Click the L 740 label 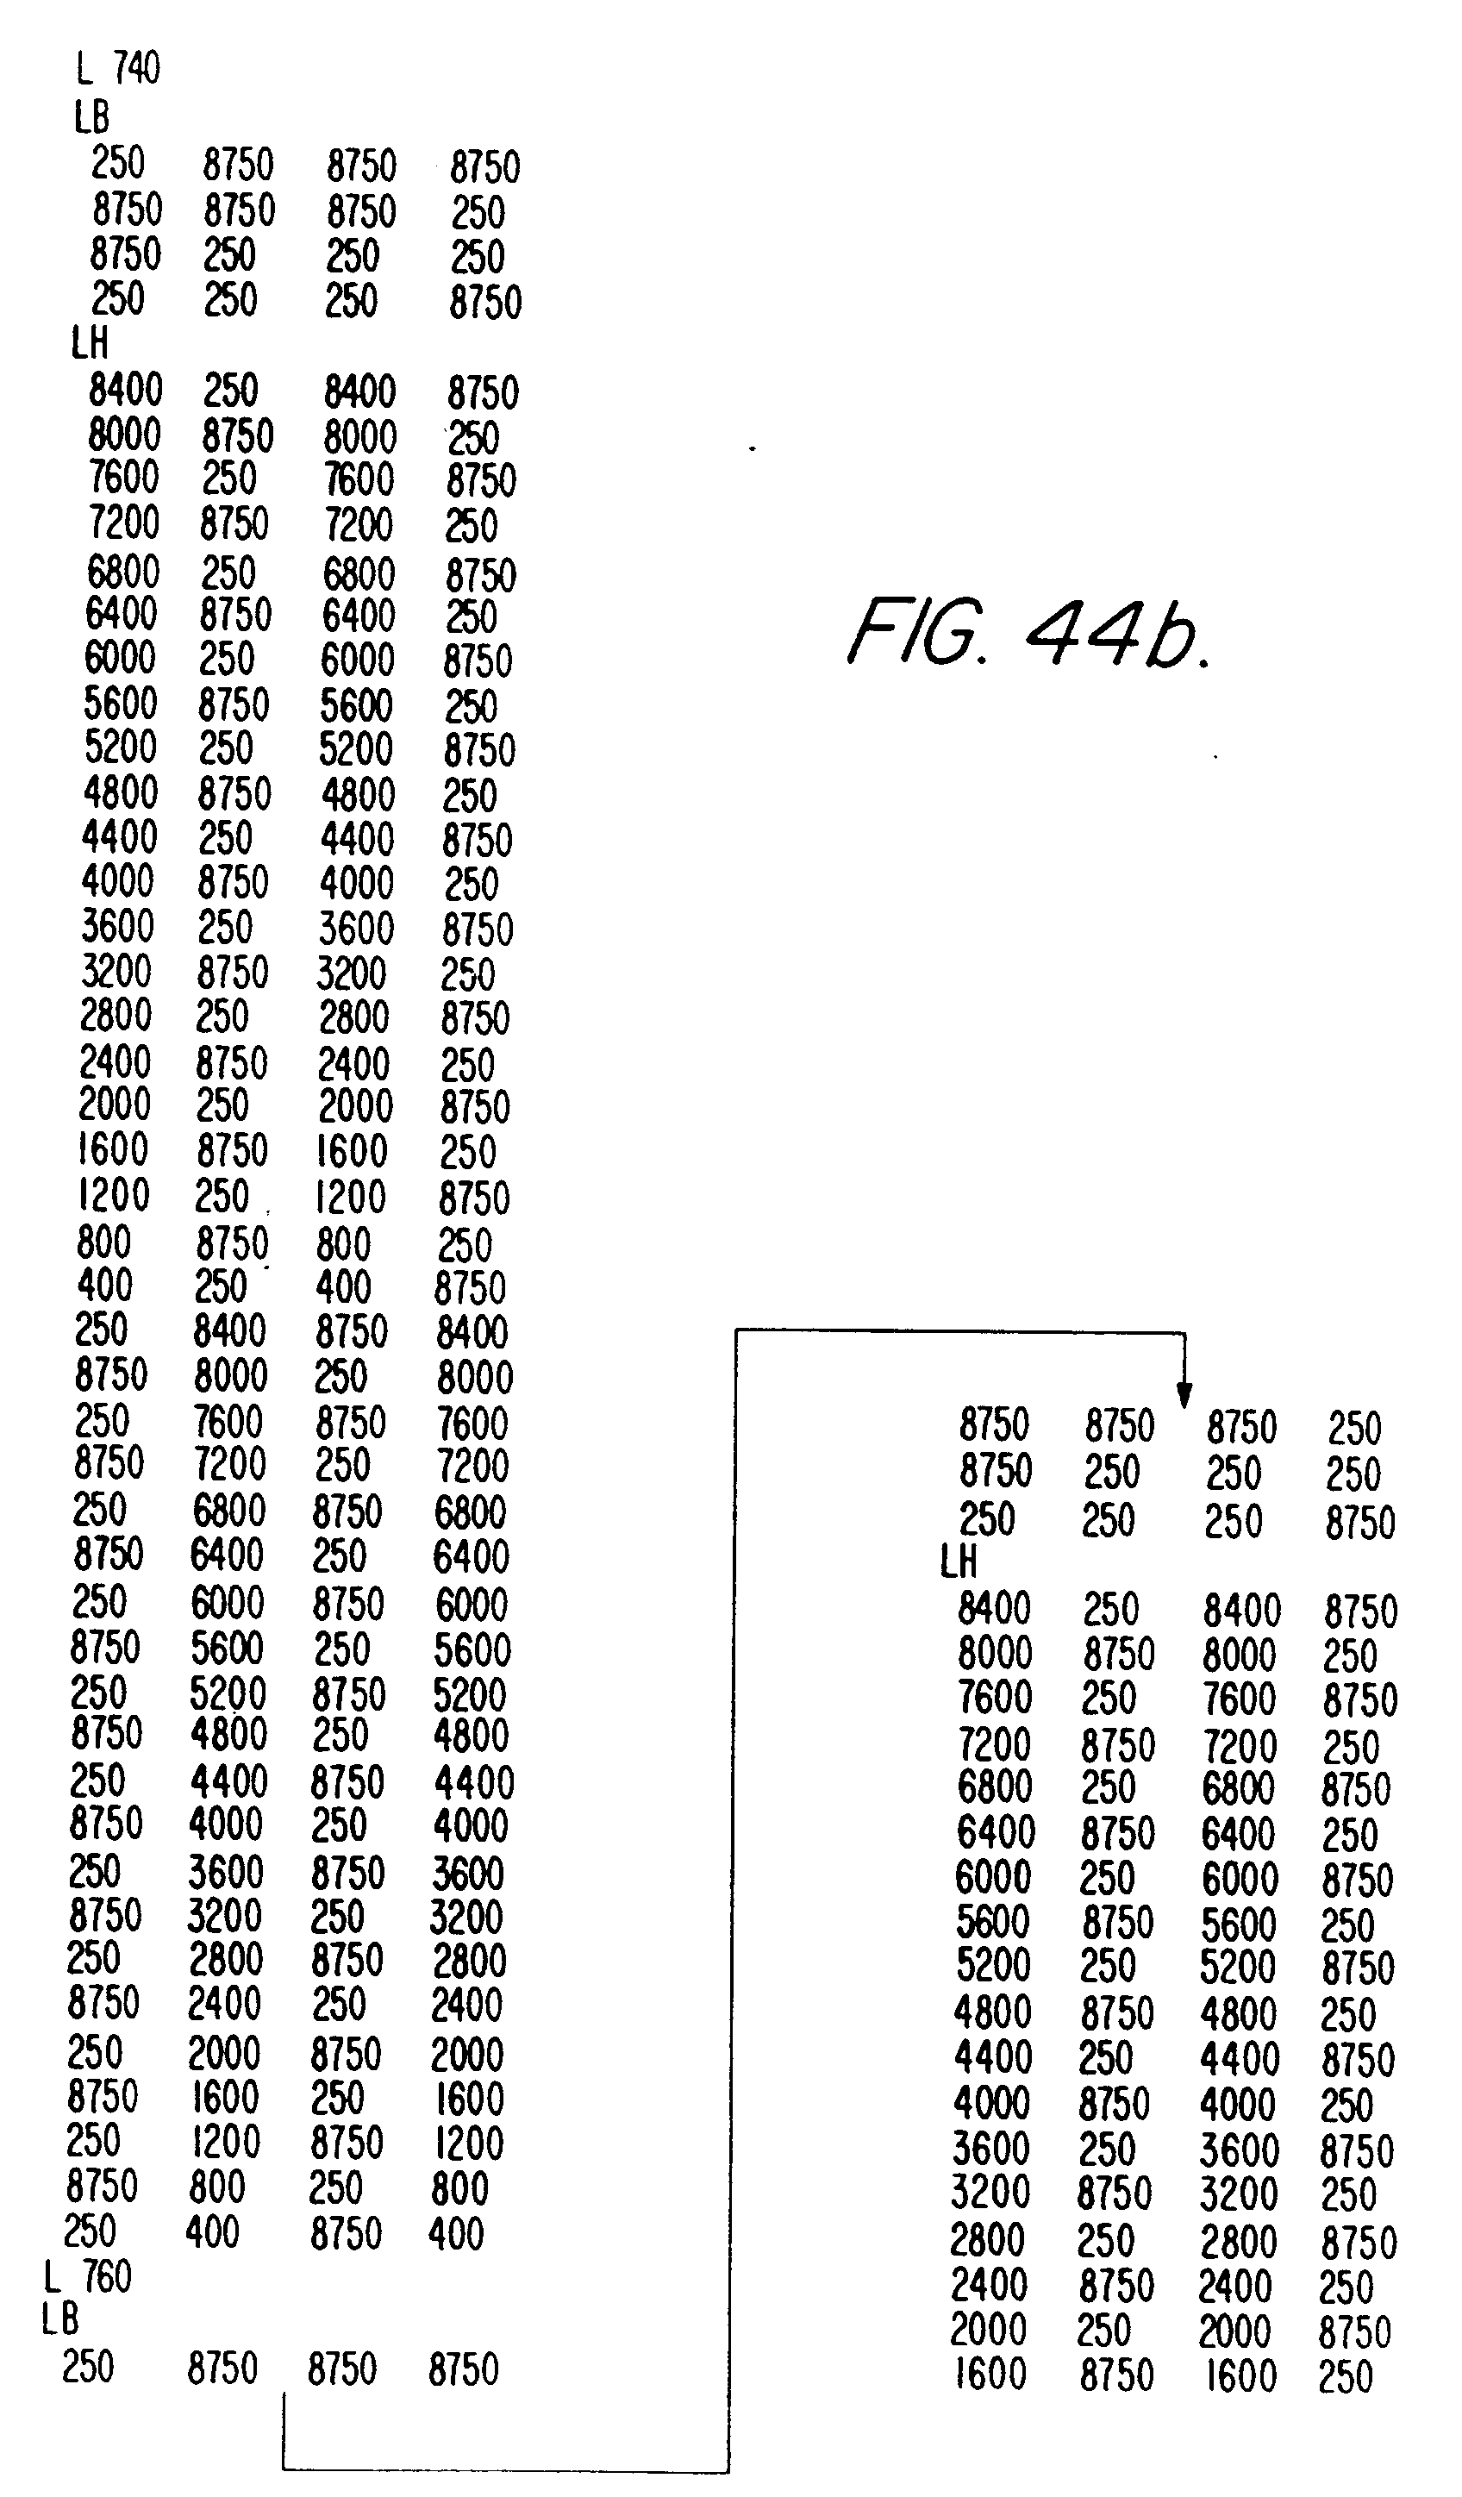[x=118, y=68]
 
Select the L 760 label [x=88, y=2275]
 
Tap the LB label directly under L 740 [x=91, y=118]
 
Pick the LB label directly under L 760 [x=59, y=2319]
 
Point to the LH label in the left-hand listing [x=89, y=344]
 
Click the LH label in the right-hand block [x=958, y=1561]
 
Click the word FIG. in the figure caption [x=917, y=631]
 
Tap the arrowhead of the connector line [x=1184, y=1395]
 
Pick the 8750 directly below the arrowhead [x=1241, y=1428]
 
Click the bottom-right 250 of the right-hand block [x=1345, y=2376]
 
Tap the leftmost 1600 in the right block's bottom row [x=990, y=2373]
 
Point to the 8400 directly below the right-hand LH [x=993, y=1608]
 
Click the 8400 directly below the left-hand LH [x=125, y=391]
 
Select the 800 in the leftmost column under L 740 [x=104, y=1242]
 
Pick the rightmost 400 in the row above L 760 [x=456, y=2233]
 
